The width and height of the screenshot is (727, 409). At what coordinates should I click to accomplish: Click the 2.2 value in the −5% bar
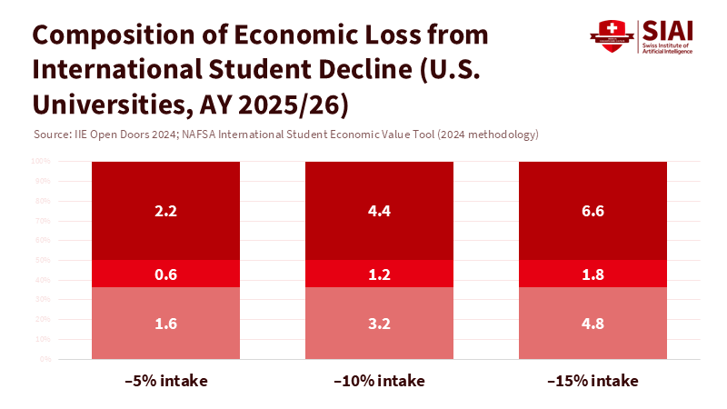[165, 212]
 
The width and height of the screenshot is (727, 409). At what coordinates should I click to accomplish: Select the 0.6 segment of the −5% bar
[165, 274]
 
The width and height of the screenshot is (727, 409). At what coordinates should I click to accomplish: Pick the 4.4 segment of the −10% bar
[379, 212]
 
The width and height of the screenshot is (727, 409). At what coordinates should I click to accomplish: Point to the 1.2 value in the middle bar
[379, 274]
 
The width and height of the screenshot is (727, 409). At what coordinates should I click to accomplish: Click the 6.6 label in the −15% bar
[593, 212]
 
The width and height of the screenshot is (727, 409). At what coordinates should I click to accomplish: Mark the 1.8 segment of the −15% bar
[593, 274]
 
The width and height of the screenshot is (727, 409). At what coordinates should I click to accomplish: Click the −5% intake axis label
[165, 380]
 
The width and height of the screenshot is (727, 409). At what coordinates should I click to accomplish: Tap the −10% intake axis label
[379, 380]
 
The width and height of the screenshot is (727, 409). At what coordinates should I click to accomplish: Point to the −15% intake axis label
[593, 380]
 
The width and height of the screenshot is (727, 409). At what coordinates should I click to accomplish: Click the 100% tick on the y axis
[41, 162]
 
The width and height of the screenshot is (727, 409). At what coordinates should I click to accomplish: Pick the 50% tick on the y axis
[43, 260]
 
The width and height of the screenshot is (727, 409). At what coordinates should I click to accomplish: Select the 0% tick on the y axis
[45, 359]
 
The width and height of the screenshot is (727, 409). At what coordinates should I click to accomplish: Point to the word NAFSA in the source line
[249, 135]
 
